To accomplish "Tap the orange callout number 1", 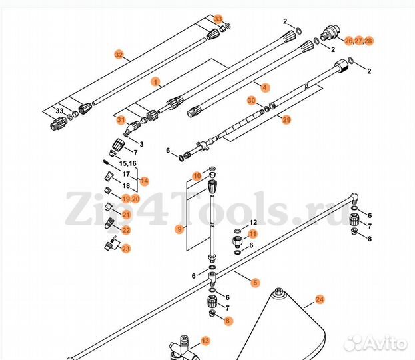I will tap(156, 82).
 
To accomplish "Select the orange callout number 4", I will tap(265, 87).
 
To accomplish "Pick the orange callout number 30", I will tap(251, 101).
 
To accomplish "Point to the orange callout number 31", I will tap(121, 120).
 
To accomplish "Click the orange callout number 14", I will tap(144, 181).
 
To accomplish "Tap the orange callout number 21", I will tap(126, 214).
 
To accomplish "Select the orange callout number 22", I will tap(126, 230).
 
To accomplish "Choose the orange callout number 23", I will tap(126, 249).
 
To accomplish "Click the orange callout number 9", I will tap(179, 229).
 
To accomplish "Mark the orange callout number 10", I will tap(197, 176).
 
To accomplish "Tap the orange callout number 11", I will tap(253, 233).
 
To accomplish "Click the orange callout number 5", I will tap(255, 283).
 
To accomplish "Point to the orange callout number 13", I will tap(205, 341).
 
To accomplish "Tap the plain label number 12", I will tap(253, 222).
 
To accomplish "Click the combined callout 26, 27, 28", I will tap(359, 41).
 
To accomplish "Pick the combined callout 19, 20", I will tap(131, 199).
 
